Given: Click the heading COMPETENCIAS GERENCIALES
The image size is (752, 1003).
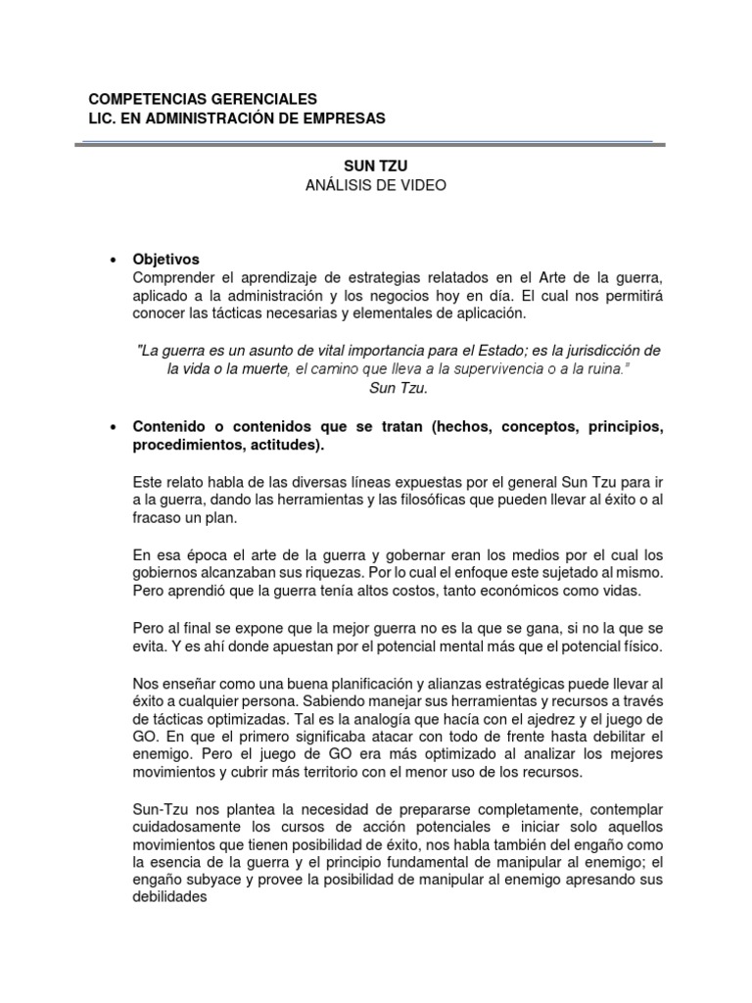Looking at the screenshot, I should [203, 99].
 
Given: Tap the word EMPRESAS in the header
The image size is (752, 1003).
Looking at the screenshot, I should [345, 119].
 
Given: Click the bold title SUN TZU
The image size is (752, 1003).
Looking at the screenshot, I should [375, 167].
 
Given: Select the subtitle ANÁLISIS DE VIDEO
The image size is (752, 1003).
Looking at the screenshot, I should [376, 185].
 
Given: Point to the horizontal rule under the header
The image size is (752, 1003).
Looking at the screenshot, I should [376, 143].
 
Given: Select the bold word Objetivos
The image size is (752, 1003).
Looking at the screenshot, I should [166, 260].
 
